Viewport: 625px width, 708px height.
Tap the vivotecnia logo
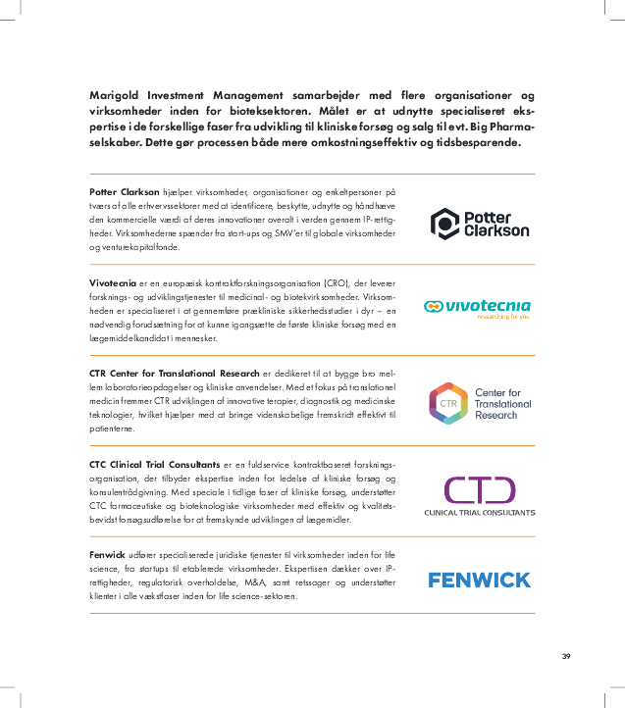(x=477, y=306)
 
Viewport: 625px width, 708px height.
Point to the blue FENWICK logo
(x=479, y=580)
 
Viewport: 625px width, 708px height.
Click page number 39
(x=566, y=656)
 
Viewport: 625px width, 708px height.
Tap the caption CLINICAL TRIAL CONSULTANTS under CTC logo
(x=479, y=513)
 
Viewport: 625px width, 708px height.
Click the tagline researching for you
(x=503, y=317)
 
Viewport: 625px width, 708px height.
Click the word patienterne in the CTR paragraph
(x=114, y=430)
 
